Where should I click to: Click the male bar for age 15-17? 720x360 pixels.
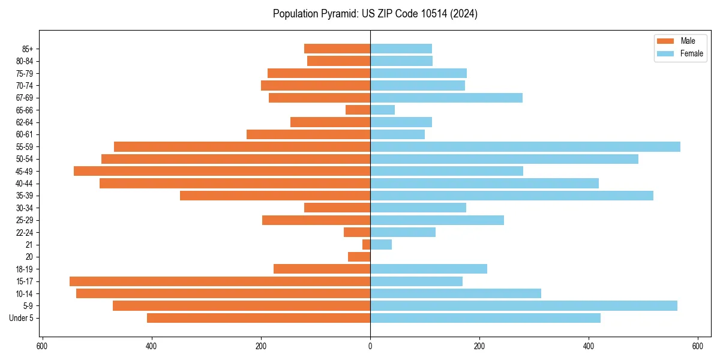[220, 281]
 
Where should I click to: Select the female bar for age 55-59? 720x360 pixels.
[525, 147]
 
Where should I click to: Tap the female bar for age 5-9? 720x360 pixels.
[523, 306]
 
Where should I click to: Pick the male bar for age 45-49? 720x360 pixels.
[222, 171]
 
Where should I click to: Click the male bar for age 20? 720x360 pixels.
[359, 257]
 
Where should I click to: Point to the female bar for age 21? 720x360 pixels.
[381, 245]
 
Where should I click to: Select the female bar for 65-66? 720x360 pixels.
[382, 110]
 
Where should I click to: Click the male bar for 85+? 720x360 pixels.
[337, 49]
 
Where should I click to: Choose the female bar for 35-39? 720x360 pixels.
[511, 196]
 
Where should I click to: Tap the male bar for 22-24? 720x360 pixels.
[357, 232]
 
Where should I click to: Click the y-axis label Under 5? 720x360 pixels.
[22, 318]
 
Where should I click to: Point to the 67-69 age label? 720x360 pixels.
[25, 98]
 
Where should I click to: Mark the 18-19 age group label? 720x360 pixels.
[25, 269]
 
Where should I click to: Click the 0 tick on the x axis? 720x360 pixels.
[370, 346]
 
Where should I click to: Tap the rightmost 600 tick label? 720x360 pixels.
[698, 346]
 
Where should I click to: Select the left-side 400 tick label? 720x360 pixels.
[151, 346]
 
